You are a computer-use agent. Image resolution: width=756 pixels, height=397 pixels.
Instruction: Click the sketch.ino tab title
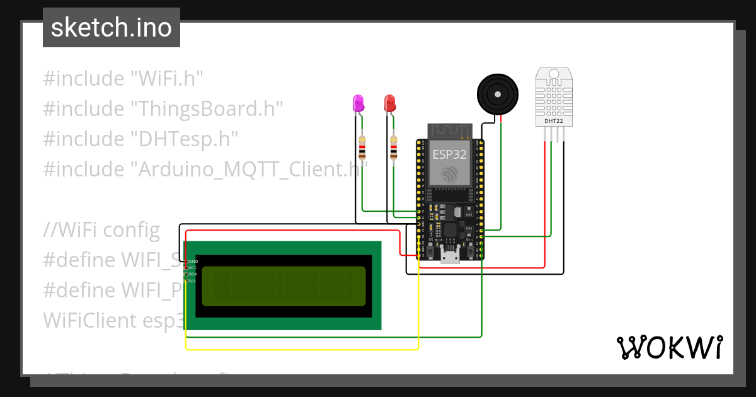(x=111, y=28)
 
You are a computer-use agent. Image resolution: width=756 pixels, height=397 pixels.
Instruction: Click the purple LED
(x=358, y=104)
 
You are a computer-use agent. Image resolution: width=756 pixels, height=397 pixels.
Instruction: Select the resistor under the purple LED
(x=362, y=149)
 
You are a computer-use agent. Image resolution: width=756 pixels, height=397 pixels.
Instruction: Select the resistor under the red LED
(x=394, y=149)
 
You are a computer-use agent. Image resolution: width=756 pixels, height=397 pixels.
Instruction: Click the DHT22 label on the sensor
(x=554, y=120)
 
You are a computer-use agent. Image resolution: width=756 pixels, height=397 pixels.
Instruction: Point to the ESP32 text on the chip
(x=450, y=154)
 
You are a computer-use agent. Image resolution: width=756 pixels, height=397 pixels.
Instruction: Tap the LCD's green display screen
(x=283, y=286)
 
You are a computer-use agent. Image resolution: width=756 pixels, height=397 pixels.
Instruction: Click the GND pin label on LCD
(x=193, y=261)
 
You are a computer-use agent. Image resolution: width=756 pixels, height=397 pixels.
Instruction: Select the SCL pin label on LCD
(x=193, y=281)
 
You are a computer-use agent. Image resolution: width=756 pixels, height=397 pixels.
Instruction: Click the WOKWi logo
(x=669, y=347)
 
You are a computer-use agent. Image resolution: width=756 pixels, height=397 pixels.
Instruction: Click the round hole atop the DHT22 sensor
(x=554, y=74)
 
